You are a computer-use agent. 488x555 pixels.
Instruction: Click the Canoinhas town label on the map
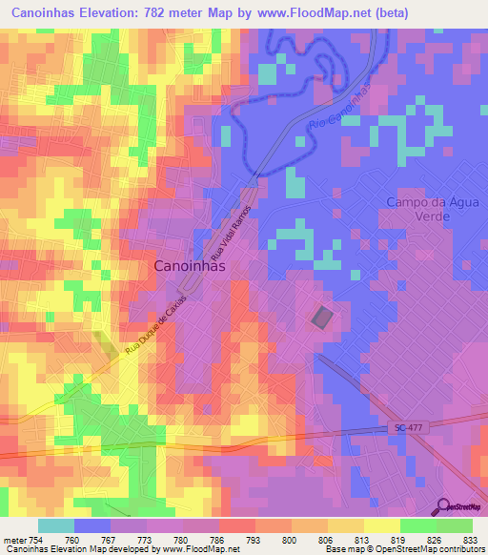(190, 267)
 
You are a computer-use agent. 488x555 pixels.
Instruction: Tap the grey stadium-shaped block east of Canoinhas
(322, 318)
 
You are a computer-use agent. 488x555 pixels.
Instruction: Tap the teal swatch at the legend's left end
(56, 525)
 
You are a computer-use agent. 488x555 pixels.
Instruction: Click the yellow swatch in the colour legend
(382, 525)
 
